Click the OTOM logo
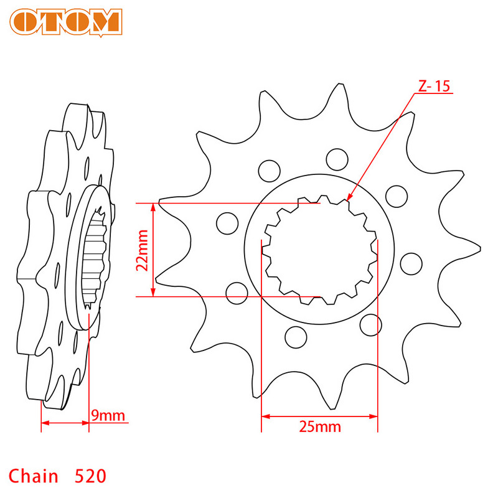pos(66,22)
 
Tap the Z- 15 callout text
pos(433,87)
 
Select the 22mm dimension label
pos(143,249)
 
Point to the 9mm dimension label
pos(108,415)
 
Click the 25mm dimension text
pos(320,426)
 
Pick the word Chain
pos(34,477)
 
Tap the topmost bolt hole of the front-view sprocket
pos(337,158)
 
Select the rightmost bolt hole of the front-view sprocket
pos(411,263)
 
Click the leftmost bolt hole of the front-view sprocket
pos(227,222)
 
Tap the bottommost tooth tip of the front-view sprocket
pos(333,408)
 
